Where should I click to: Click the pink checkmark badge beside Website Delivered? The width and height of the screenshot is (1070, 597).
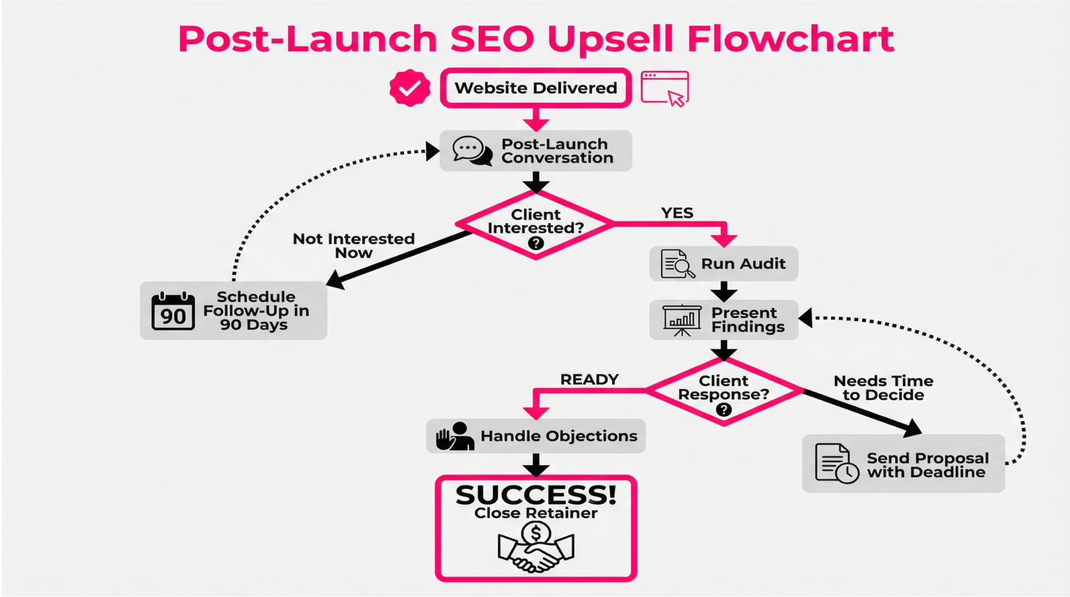pos(410,88)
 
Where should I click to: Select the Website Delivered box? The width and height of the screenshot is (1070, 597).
pos(536,88)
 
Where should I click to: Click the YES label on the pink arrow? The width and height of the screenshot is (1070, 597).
pos(677,213)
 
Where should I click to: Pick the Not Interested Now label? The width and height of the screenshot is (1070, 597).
pos(354,246)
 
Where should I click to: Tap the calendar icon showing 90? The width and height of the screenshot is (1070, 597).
pos(173,312)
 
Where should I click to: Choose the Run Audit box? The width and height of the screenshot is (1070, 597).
pos(724,264)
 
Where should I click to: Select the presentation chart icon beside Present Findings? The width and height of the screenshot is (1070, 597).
pos(682,320)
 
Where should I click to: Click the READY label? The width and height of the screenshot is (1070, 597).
pos(589,379)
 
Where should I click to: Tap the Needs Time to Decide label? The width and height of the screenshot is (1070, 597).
pos(883,388)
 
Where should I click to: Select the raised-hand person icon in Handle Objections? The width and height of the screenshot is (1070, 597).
pos(455,436)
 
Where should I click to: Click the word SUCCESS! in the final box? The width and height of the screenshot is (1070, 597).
pos(536,495)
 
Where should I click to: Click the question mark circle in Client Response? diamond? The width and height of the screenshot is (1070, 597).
pos(724,410)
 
